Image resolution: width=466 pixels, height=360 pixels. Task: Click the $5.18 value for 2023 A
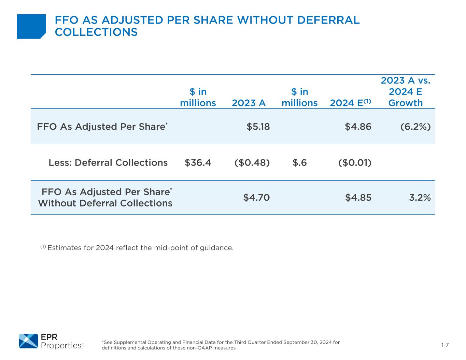pos(258,127)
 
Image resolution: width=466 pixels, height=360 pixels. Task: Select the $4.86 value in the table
pos(358,127)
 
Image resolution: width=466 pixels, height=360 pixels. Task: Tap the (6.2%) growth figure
pos(415,127)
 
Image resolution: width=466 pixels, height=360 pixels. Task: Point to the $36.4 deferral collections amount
pos(198,162)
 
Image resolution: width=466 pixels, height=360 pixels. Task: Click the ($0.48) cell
pos(252,162)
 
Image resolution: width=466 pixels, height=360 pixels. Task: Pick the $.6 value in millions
pos(300,162)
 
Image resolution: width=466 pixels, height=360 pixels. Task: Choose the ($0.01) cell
pos(355,162)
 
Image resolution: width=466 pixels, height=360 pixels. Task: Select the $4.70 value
pos(256,197)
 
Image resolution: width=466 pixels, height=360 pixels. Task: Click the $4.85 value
pos(358,197)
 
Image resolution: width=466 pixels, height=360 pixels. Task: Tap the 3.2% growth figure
pos(420,197)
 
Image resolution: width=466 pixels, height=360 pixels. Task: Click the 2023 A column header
pos(249,103)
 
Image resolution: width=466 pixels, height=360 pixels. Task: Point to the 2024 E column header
pos(350,103)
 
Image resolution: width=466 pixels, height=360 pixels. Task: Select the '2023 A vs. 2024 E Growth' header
pos(405,91)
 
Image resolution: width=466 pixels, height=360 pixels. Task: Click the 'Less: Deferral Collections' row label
pos(108,162)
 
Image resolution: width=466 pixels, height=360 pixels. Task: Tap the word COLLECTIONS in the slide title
pos(96,32)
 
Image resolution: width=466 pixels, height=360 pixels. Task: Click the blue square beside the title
pos(31,26)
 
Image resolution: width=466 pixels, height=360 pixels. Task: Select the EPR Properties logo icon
pos(28,341)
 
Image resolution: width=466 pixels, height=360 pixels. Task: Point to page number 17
pos(445,345)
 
